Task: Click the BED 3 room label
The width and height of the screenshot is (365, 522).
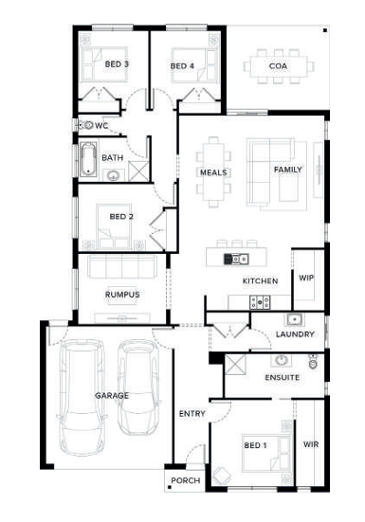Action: pyautogui.click(x=117, y=63)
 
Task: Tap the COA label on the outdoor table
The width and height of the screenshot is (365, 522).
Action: pyautogui.click(x=278, y=66)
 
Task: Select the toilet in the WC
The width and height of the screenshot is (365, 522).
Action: pyautogui.click(x=85, y=125)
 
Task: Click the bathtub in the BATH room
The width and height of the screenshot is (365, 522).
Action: pyautogui.click(x=88, y=159)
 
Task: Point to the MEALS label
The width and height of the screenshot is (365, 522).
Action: pyautogui.click(x=213, y=172)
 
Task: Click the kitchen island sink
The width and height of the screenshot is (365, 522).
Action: pyautogui.click(x=236, y=259)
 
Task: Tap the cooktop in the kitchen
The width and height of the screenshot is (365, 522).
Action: pyautogui.click(x=260, y=302)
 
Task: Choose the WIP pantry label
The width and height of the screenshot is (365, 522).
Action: pyautogui.click(x=306, y=278)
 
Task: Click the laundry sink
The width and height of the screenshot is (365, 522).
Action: pyautogui.click(x=295, y=319)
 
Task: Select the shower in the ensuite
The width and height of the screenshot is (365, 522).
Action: pyautogui.click(x=235, y=365)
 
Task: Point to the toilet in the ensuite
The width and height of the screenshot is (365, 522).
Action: pyautogui.click(x=313, y=362)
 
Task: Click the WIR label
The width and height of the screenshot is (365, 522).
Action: pyautogui.click(x=311, y=444)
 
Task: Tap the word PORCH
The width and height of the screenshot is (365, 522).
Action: pyautogui.click(x=186, y=480)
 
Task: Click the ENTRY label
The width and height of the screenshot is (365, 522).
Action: pyautogui.click(x=192, y=413)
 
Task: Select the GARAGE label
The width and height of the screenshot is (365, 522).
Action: pyautogui.click(x=112, y=395)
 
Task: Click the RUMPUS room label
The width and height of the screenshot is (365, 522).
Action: pyautogui.click(x=122, y=295)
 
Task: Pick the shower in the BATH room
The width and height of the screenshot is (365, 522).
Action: pyautogui.click(x=138, y=171)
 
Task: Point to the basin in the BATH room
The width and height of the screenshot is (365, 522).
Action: pyautogui.click(x=113, y=175)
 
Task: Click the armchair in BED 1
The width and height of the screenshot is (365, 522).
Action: pyautogui.click(x=222, y=477)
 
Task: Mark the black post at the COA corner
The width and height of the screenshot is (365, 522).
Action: pyautogui.click(x=325, y=30)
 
